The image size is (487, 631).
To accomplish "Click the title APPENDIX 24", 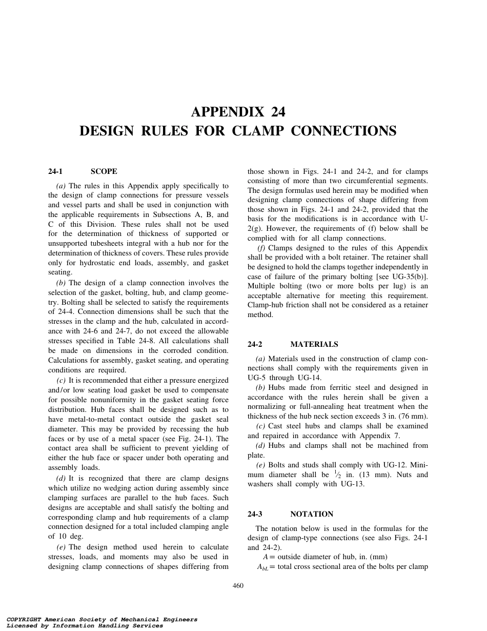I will [238, 112].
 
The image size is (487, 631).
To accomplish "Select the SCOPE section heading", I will [104, 171].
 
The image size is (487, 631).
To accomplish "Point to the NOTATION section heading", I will [312, 514].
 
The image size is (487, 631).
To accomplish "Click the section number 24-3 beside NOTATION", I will [255, 514].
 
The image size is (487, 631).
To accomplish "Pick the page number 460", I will [238, 586].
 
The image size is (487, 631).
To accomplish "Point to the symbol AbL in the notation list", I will [263, 567].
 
